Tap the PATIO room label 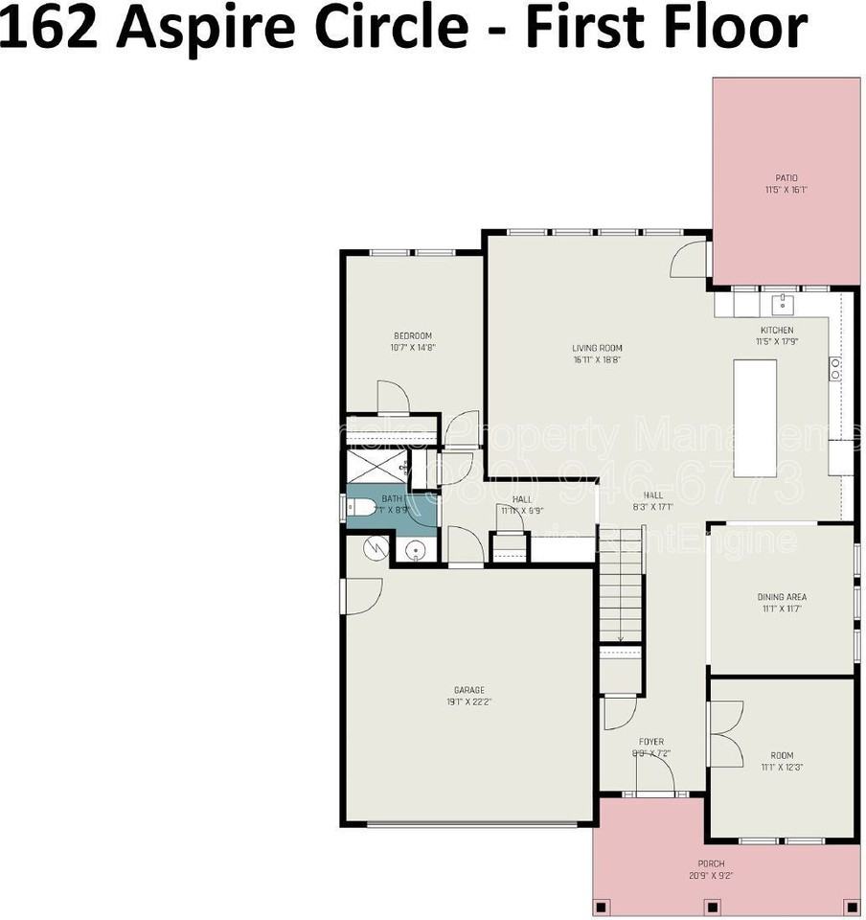[x=786, y=178]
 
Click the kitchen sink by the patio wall [x=782, y=304]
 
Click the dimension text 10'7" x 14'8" [x=413, y=348]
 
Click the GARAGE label [x=469, y=690]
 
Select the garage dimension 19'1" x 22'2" [x=469, y=702]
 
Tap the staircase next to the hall [x=622, y=594]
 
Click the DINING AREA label [x=782, y=597]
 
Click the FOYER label [x=651, y=741]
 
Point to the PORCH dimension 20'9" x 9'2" [x=711, y=875]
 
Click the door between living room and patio [x=688, y=259]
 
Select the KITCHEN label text [x=776, y=330]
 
